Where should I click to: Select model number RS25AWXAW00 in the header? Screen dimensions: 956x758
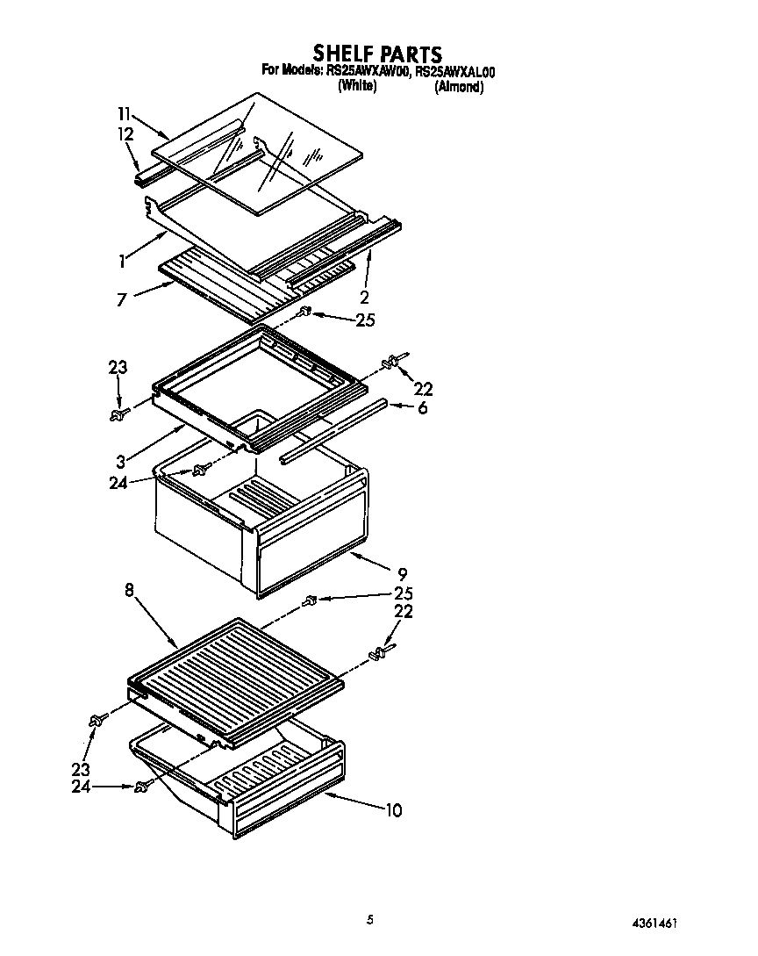[368, 73]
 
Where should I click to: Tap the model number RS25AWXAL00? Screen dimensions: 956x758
[456, 73]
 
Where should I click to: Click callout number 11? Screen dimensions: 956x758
[124, 113]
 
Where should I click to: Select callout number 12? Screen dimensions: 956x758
[125, 133]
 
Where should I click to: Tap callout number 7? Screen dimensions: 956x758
[121, 300]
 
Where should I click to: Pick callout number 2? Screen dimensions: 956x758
[364, 297]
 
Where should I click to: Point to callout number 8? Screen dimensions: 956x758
[130, 591]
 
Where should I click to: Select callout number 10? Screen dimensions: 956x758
[393, 809]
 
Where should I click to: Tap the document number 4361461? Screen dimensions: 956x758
[654, 924]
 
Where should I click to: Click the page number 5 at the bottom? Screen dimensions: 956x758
[370, 919]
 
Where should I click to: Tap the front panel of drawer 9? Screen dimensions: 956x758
[307, 557]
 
